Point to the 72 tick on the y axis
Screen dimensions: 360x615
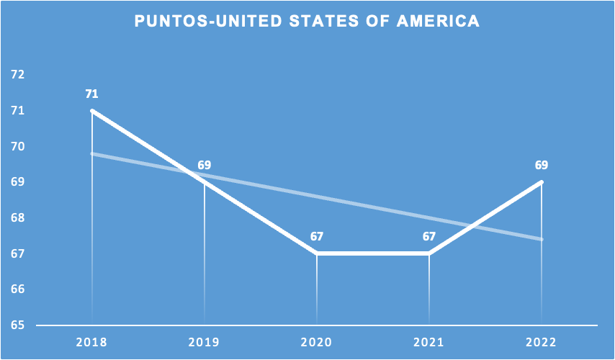tap(17, 75)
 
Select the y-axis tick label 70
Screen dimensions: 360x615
tap(17, 146)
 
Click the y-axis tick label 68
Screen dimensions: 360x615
tap(17, 217)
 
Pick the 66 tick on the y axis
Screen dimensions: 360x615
tap(17, 289)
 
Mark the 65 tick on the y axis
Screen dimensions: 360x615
tap(17, 325)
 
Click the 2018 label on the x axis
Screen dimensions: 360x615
tap(91, 341)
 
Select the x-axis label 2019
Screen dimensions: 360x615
tap(205, 341)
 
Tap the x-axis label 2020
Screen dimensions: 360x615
tap(317, 341)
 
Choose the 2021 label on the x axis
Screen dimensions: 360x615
tap(429, 341)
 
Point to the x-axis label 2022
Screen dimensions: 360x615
tap(542, 341)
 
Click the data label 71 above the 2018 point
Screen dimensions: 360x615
tap(91, 94)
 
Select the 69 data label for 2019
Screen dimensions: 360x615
tap(205, 166)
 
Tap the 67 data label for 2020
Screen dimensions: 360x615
tap(317, 237)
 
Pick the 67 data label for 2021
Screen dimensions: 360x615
tap(429, 237)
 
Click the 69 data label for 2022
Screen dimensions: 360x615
tap(542, 166)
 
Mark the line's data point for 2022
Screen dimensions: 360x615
tap(542, 182)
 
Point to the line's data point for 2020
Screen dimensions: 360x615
tap(317, 253)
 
